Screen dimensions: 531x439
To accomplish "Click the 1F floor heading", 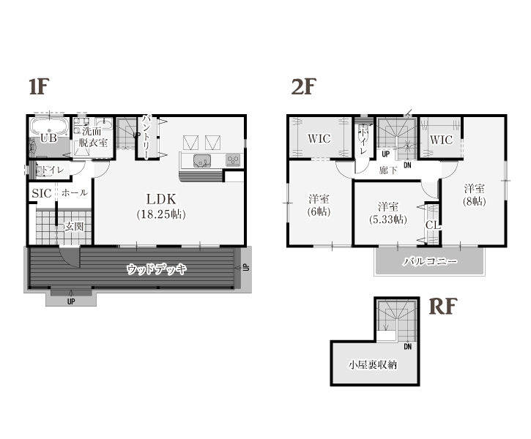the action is [x=40, y=86].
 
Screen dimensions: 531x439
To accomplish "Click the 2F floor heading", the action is [x=303, y=86].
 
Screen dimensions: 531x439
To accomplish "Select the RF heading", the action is [x=443, y=307].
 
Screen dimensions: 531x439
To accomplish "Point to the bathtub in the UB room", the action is [x=49, y=127].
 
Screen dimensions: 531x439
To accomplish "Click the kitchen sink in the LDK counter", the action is [x=202, y=161].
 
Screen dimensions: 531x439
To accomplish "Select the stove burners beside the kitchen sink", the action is [x=233, y=160].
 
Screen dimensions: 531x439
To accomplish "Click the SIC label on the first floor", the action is [x=42, y=193].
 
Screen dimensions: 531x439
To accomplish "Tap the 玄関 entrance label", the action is [x=74, y=227].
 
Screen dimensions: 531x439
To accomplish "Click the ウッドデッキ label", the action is [x=157, y=269].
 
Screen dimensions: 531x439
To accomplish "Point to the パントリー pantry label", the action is [x=146, y=137].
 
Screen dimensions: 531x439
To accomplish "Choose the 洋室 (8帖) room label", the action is [x=475, y=195].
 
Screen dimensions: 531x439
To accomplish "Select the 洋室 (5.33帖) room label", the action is [x=388, y=213].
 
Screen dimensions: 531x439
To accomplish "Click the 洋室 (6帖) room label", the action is [x=319, y=205].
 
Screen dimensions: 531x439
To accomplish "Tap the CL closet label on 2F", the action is [x=433, y=225].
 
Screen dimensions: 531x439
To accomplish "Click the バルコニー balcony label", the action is [x=430, y=261].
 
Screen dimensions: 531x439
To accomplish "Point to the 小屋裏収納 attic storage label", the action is [x=373, y=365].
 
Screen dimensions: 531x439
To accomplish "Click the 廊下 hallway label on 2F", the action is [x=388, y=170].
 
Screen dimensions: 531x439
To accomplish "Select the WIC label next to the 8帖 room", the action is [x=441, y=140].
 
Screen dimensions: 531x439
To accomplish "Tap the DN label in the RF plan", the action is [x=408, y=347].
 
